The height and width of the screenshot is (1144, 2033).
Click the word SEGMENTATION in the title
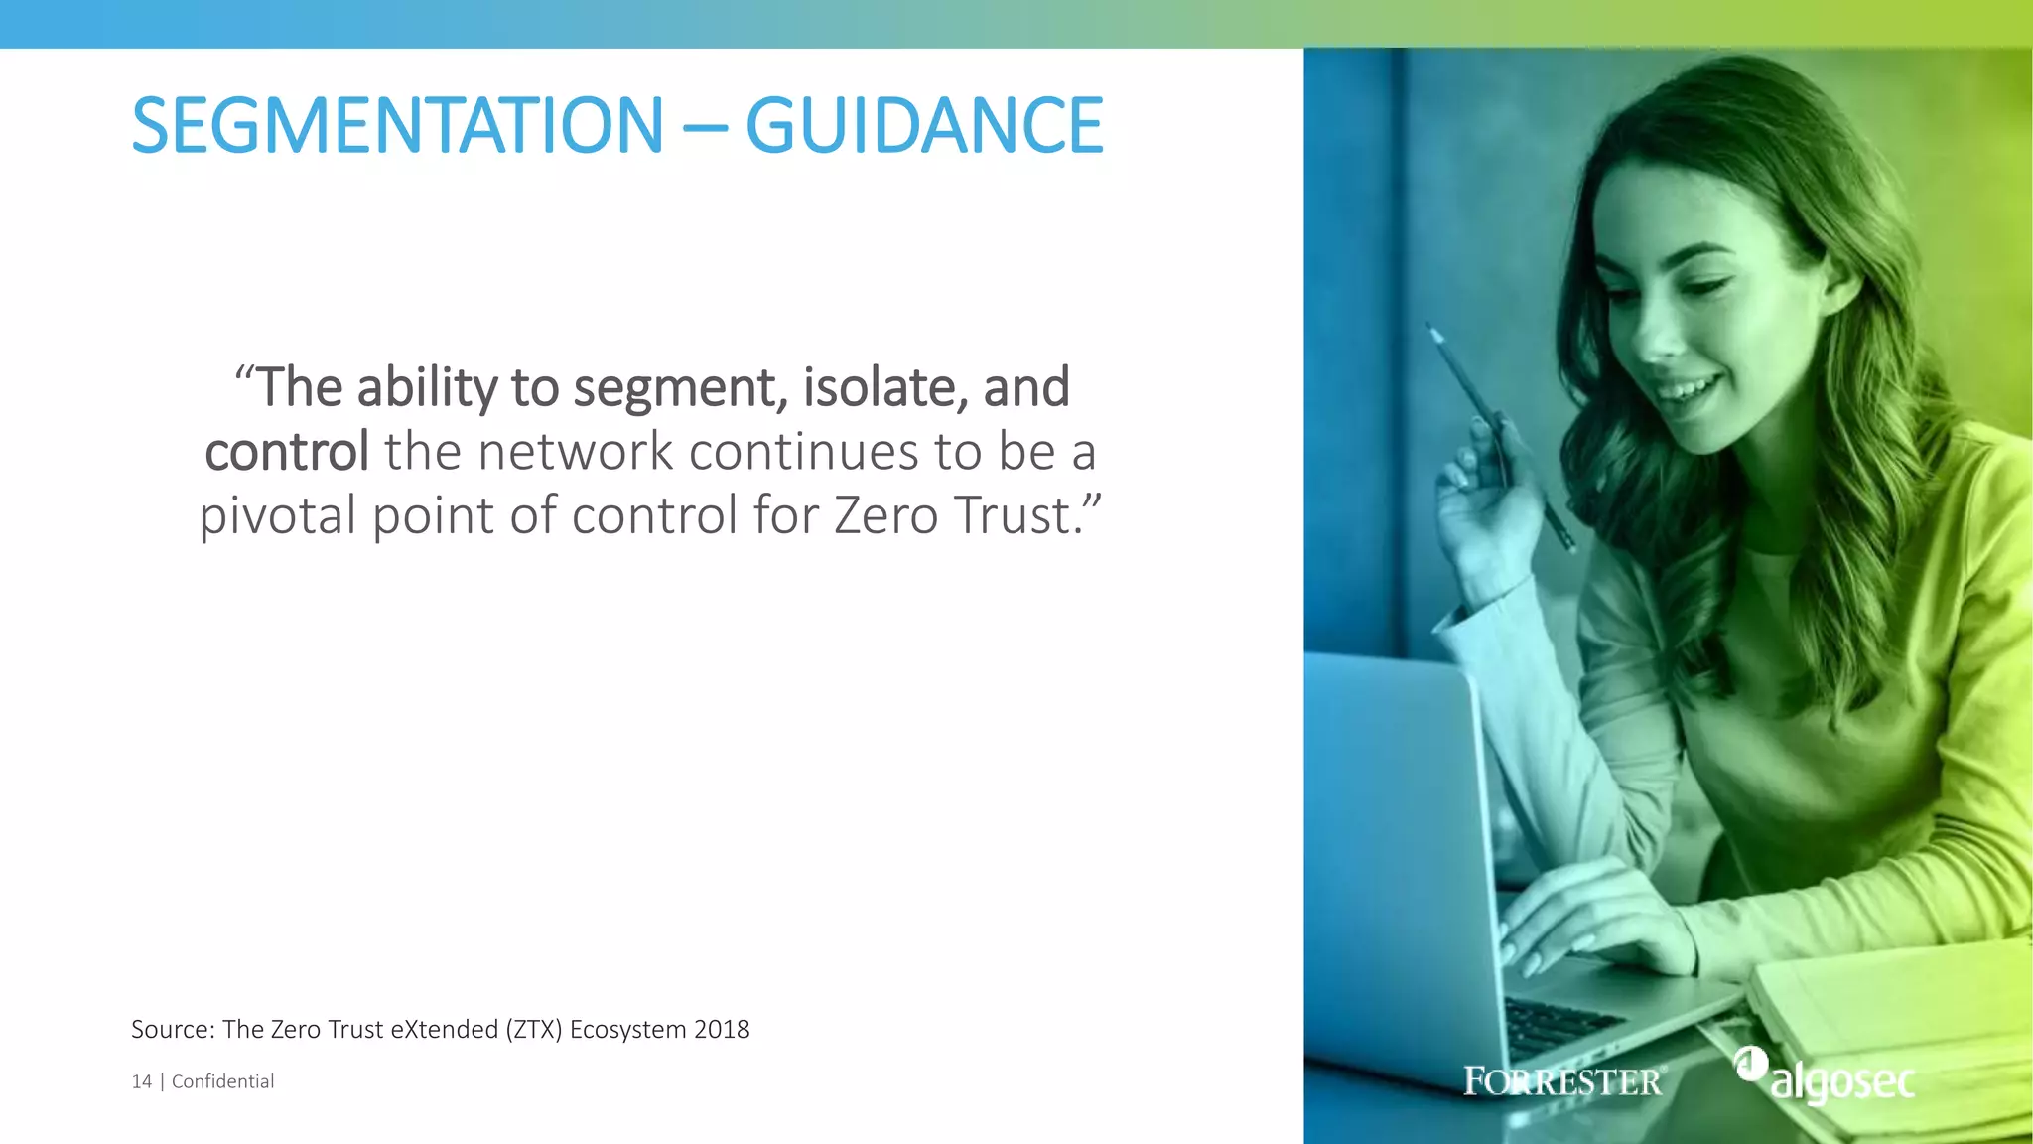point(397,126)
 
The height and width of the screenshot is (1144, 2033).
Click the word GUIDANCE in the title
point(923,126)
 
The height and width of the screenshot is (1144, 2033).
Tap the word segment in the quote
point(679,388)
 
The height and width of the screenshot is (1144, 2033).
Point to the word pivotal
point(278,516)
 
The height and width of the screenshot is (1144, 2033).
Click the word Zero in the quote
point(885,515)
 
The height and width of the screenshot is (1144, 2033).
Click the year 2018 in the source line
point(722,1030)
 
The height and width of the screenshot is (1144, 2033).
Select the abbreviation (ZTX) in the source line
point(533,1030)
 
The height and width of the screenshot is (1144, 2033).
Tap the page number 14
point(141,1081)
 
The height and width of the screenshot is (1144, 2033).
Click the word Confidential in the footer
point(222,1081)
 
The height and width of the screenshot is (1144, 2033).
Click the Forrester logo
point(1563,1081)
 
